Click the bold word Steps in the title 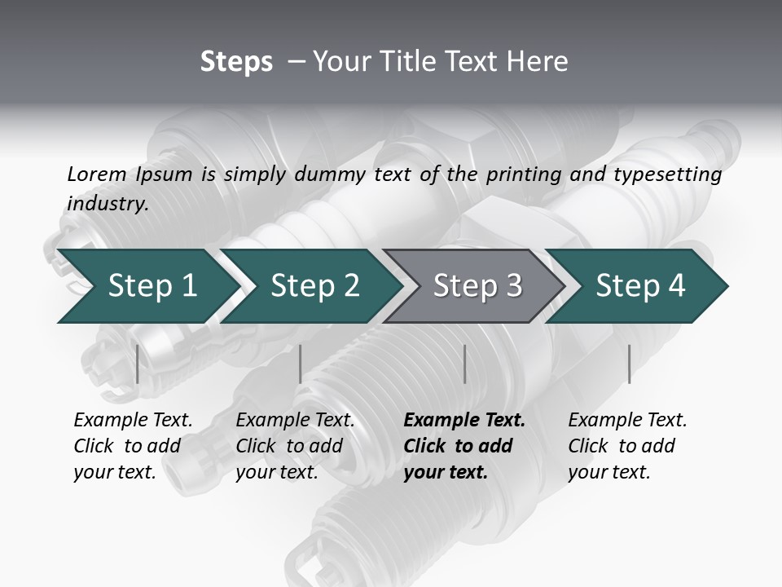[x=236, y=62]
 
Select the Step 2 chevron [x=314, y=286]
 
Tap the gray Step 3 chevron [x=477, y=286]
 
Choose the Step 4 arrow [x=640, y=286]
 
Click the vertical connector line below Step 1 [x=138, y=364]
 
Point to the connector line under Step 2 [x=301, y=364]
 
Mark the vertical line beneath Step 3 [x=464, y=364]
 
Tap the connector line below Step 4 [x=630, y=364]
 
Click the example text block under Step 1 [x=133, y=446]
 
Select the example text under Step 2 [x=295, y=446]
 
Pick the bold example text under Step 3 [x=464, y=446]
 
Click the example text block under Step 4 [x=627, y=446]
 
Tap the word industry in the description [x=108, y=204]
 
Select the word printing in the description [x=524, y=174]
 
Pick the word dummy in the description [x=333, y=174]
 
